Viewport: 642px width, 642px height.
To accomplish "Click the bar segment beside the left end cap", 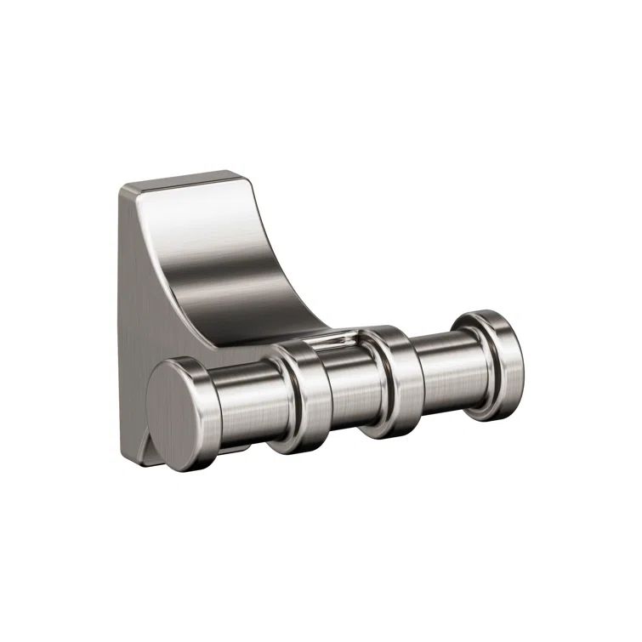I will tap(242, 406).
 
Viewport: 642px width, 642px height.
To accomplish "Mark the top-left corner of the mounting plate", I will tap(122, 189).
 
